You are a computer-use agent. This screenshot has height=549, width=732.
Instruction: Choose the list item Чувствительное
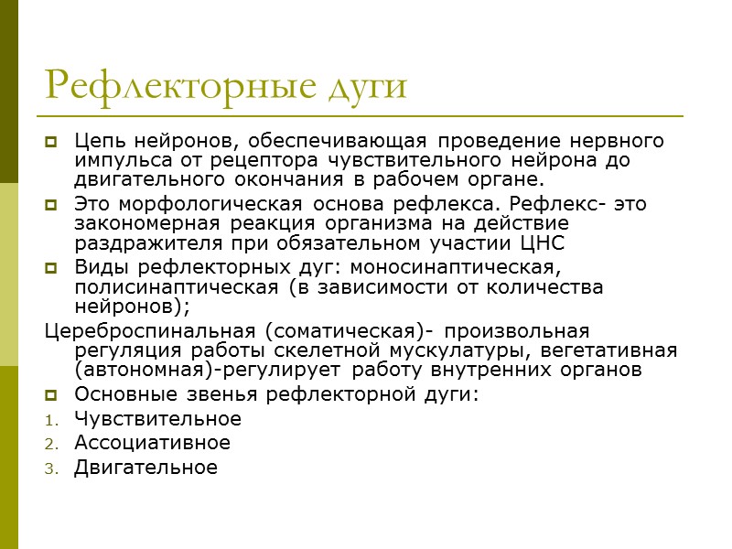click(157, 419)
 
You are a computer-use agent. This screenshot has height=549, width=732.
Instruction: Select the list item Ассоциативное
click(152, 443)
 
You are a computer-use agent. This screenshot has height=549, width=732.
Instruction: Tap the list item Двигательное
click(145, 468)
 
